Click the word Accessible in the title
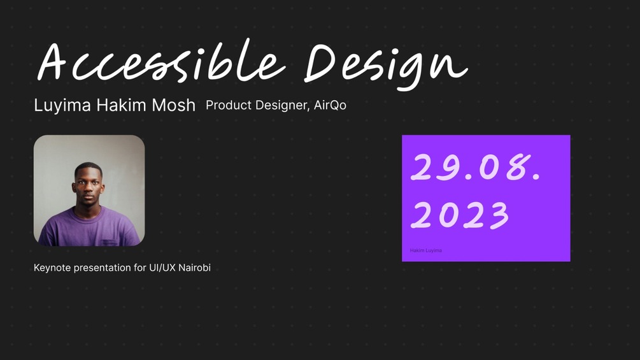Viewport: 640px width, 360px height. click(x=161, y=61)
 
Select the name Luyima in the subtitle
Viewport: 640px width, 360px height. click(x=62, y=106)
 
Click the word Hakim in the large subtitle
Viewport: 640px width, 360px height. click(x=121, y=105)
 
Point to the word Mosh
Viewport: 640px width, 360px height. click(x=173, y=105)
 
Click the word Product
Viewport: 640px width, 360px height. click(x=229, y=105)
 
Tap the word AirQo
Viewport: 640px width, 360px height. click(x=330, y=105)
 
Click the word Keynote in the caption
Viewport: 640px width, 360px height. click(x=52, y=268)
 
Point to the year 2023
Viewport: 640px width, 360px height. click(x=460, y=215)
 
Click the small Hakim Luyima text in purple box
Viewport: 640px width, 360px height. click(x=426, y=250)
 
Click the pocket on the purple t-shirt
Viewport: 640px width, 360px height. click(x=110, y=242)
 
